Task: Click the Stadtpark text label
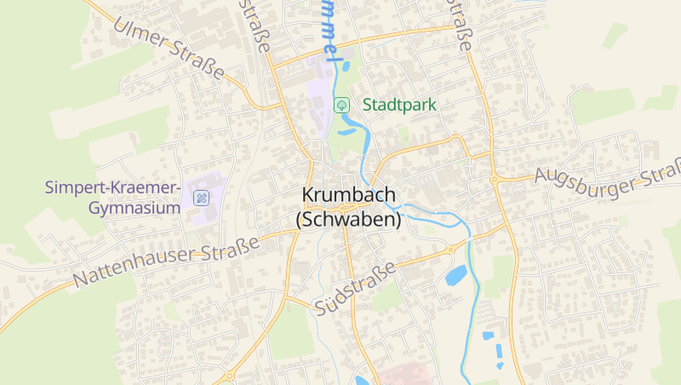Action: tap(399, 106)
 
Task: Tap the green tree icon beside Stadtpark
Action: tap(341, 105)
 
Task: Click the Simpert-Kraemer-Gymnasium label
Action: tap(112, 197)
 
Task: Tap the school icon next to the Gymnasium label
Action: tap(202, 198)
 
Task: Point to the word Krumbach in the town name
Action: tap(348, 195)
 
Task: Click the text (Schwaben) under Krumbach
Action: tap(348, 219)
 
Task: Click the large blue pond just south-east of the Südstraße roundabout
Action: tap(456, 275)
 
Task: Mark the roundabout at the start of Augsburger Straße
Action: tap(494, 179)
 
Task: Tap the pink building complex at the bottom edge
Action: tap(400, 375)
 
